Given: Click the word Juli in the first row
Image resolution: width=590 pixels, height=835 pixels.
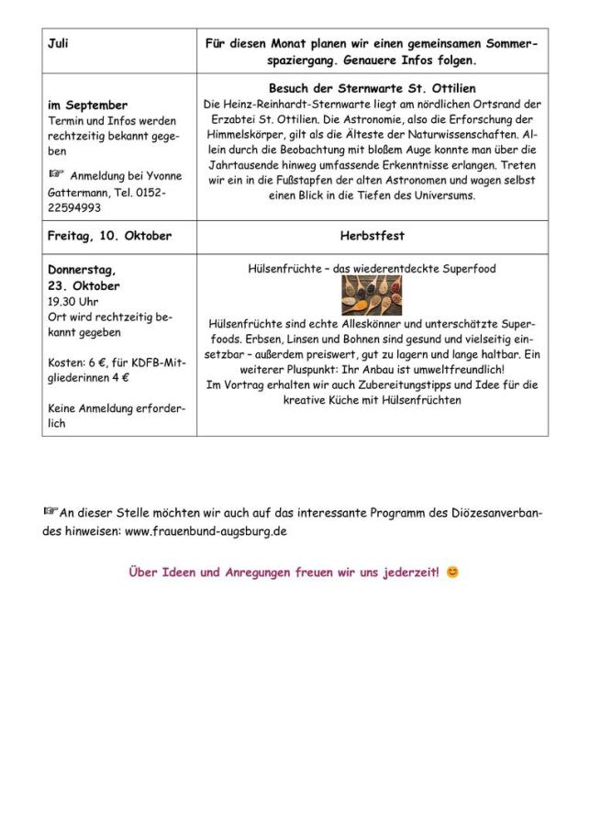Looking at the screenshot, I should click(x=58, y=43).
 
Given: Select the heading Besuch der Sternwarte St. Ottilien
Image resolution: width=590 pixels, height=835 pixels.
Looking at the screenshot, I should click(x=372, y=88).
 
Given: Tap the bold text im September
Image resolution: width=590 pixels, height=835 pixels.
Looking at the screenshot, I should click(x=87, y=106).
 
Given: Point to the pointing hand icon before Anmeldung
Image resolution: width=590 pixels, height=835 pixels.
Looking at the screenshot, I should click(x=56, y=174).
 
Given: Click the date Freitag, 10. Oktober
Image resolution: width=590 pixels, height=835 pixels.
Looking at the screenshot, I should click(x=109, y=236).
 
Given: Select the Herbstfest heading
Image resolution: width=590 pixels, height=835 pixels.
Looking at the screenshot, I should click(x=372, y=236).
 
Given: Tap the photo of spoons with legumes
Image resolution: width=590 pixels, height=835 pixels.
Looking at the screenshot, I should click(x=372, y=295).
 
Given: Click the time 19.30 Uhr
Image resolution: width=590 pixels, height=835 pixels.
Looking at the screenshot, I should click(x=72, y=301).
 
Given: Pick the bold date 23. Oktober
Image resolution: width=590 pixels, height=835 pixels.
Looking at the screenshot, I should click(x=83, y=286).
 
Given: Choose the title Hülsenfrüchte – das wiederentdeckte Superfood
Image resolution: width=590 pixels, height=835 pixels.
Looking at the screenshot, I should click(x=372, y=269).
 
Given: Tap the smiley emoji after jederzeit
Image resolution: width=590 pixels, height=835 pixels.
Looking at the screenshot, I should click(x=452, y=573).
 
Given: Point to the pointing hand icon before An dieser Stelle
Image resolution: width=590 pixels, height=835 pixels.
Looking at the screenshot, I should click(x=50, y=512).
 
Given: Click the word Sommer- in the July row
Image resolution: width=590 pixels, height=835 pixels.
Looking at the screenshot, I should click(x=505, y=43).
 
